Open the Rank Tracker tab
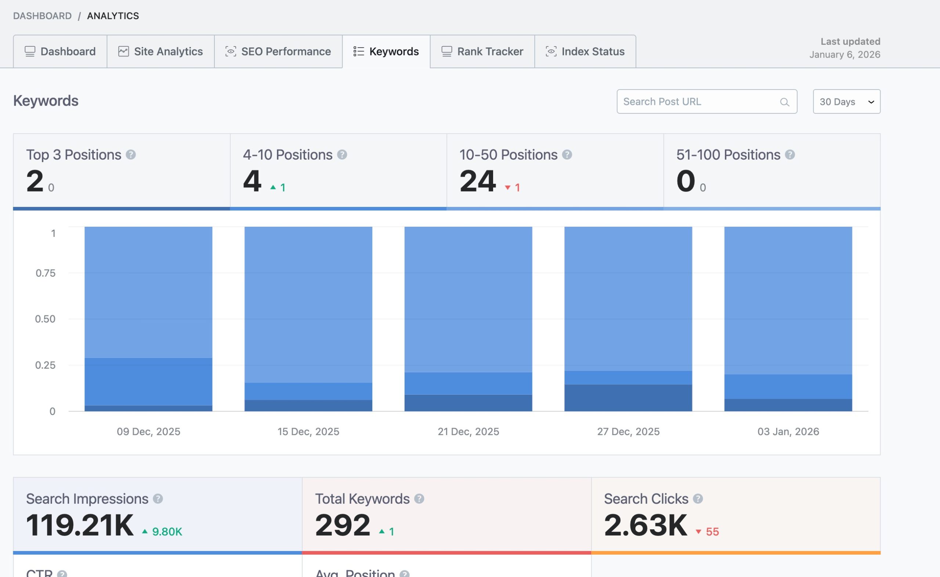click(x=482, y=51)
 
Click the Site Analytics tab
click(x=160, y=51)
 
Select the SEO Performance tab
click(x=278, y=51)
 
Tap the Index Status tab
click(x=585, y=51)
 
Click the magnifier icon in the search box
click(x=784, y=102)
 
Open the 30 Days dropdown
click(x=846, y=102)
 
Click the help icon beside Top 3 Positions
click(x=131, y=154)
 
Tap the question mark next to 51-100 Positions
click(x=790, y=154)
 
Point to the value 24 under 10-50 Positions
click(x=477, y=181)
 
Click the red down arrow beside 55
click(x=698, y=532)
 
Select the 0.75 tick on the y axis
click(x=46, y=273)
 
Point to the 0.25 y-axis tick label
click(x=46, y=365)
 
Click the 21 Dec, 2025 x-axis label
click(x=468, y=431)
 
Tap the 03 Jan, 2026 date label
click(x=788, y=431)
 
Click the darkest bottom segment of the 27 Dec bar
click(x=628, y=398)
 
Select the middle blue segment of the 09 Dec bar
click(x=148, y=381)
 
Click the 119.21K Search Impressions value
click(x=80, y=525)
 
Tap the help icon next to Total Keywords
click(x=419, y=499)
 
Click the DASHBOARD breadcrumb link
click(x=42, y=16)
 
